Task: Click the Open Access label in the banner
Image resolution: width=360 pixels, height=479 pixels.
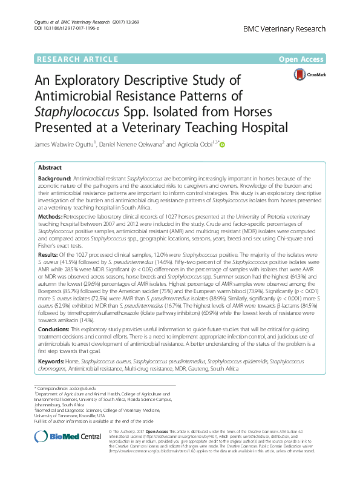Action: click(x=302, y=59)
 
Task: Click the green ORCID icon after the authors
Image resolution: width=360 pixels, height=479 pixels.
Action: click(x=221, y=145)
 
